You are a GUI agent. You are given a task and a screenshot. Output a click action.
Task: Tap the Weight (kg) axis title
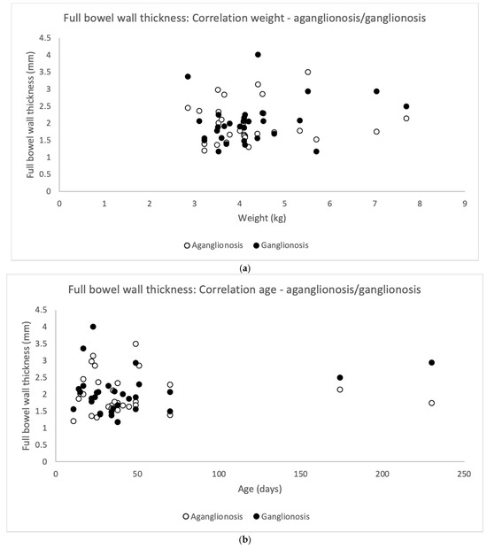point(261,219)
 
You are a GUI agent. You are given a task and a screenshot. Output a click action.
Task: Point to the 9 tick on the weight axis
point(465,203)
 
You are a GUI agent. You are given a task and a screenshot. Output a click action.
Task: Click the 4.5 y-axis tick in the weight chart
point(45,37)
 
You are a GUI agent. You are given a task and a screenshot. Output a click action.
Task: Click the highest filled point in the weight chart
point(258,55)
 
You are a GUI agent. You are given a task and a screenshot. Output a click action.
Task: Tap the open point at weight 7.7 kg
point(406,119)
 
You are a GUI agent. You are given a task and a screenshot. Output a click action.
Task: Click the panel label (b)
point(243,536)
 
